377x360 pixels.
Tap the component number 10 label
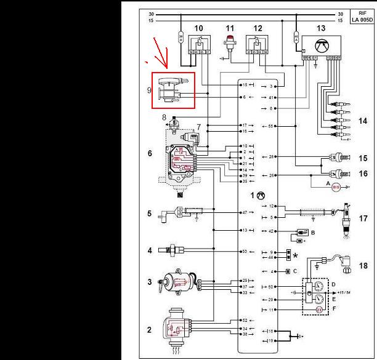tap(198, 28)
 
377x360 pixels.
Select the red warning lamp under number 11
tap(229, 43)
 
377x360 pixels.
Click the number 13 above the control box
tap(320, 28)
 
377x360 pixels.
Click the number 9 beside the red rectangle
tap(148, 90)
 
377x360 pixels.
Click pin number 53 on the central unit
tap(244, 251)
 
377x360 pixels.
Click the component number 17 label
tap(363, 218)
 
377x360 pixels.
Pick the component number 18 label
tap(363, 266)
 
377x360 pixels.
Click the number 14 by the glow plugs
tap(363, 121)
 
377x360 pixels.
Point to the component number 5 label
tap(149, 214)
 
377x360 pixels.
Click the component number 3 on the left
tap(149, 282)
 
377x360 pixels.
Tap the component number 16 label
tap(363, 175)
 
